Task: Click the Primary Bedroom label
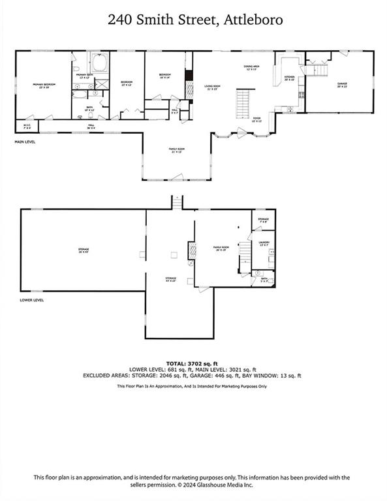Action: [42, 85]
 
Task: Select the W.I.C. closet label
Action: [27, 125]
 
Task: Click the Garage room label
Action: [342, 85]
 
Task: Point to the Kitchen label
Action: [289, 78]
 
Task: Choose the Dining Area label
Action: [252, 67]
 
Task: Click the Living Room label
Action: [211, 87]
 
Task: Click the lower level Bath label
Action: [264, 280]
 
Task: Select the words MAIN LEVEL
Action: [25, 141]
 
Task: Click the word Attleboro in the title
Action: [255, 20]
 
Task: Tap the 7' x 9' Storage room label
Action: [263, 220]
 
